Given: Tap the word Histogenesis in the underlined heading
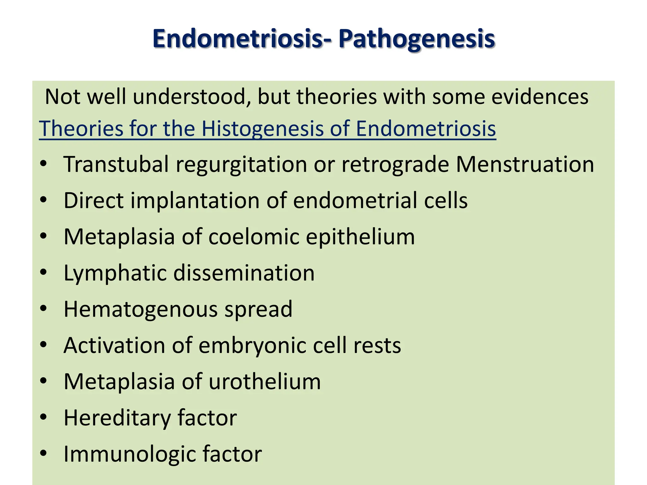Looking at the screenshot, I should (262, 129).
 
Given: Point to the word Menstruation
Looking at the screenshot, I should (525, 164).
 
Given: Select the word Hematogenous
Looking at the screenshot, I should (141, 309).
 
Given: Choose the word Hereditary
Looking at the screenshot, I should (117, 418).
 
